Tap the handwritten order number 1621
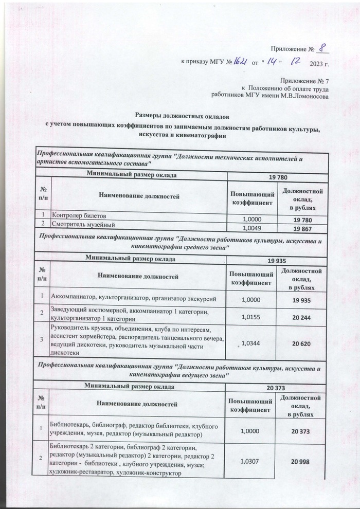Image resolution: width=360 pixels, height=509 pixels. tap(239, 63)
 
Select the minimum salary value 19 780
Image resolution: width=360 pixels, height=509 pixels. tap(278, 176)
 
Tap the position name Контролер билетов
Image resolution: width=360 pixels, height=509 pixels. tap(78, 215)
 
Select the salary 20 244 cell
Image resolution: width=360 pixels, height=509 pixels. tap(301, 319)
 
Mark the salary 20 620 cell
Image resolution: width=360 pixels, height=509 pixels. tap(301, 343)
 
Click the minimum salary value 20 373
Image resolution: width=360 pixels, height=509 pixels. tap(278, 387)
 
